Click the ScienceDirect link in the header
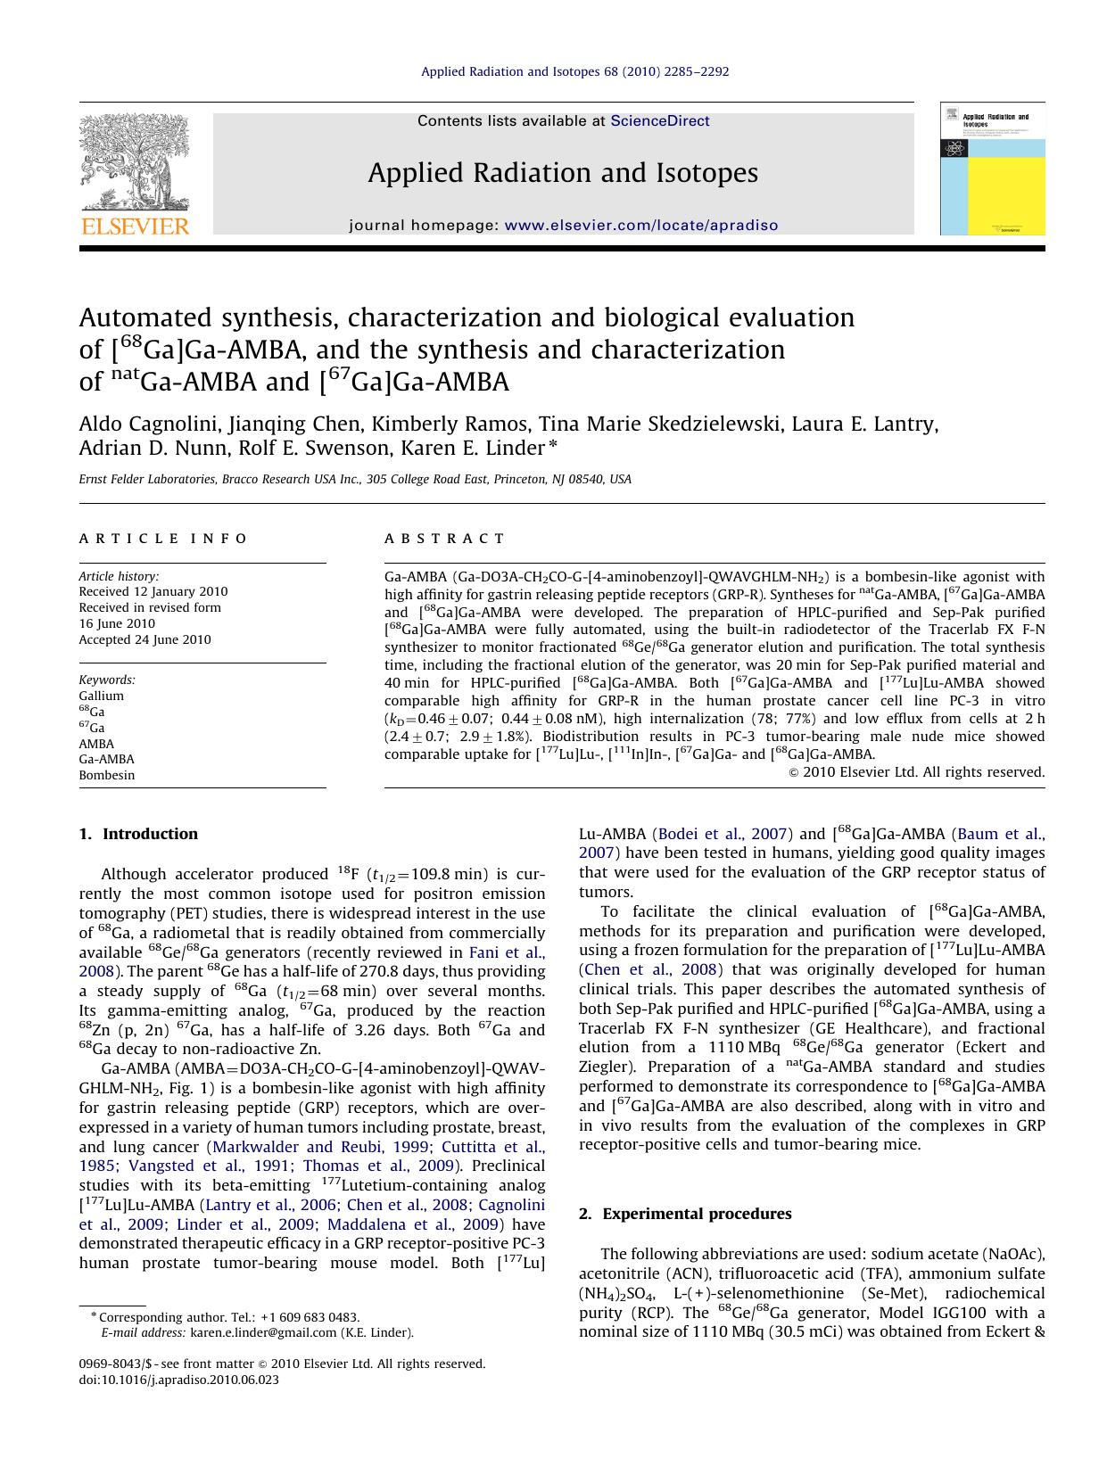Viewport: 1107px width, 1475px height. (x=659, y=121)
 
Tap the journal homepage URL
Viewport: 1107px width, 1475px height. (x=640, y=226)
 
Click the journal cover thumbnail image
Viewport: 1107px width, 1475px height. (x=992, y=169)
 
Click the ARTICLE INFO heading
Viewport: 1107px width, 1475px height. (x=163, y=539)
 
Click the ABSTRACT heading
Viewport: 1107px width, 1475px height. (x=444, y=539)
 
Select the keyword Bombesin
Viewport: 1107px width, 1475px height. (x=107, y=775)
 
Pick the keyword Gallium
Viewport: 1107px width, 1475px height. (x=102, y=696)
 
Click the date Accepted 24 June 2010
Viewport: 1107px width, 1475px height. (x=145, y=639)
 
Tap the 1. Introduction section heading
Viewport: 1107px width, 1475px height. (x=138, y=834)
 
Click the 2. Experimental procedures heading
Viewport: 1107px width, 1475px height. (x=685, y=1214)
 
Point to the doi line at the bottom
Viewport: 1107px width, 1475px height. (x=178, y=1380)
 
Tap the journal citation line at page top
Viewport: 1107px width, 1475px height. (x=574, y=71)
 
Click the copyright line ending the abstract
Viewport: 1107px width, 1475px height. (x=917, y=772)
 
